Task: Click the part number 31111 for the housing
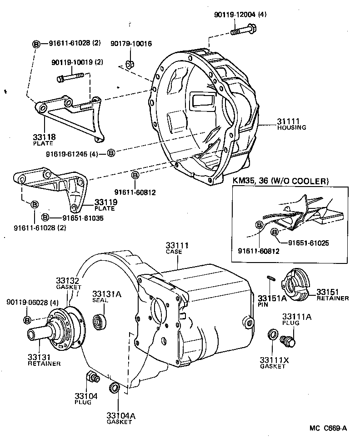click(288, 121)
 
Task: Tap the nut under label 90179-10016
click(129, 64)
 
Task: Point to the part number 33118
click(43, 137)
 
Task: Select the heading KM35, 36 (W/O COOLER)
click(280, 181)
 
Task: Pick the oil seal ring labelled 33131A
click(99, 322)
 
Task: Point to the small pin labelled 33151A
click(271, 279)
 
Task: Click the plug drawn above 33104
click(91, 378)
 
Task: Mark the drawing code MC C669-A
click(328, 428)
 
